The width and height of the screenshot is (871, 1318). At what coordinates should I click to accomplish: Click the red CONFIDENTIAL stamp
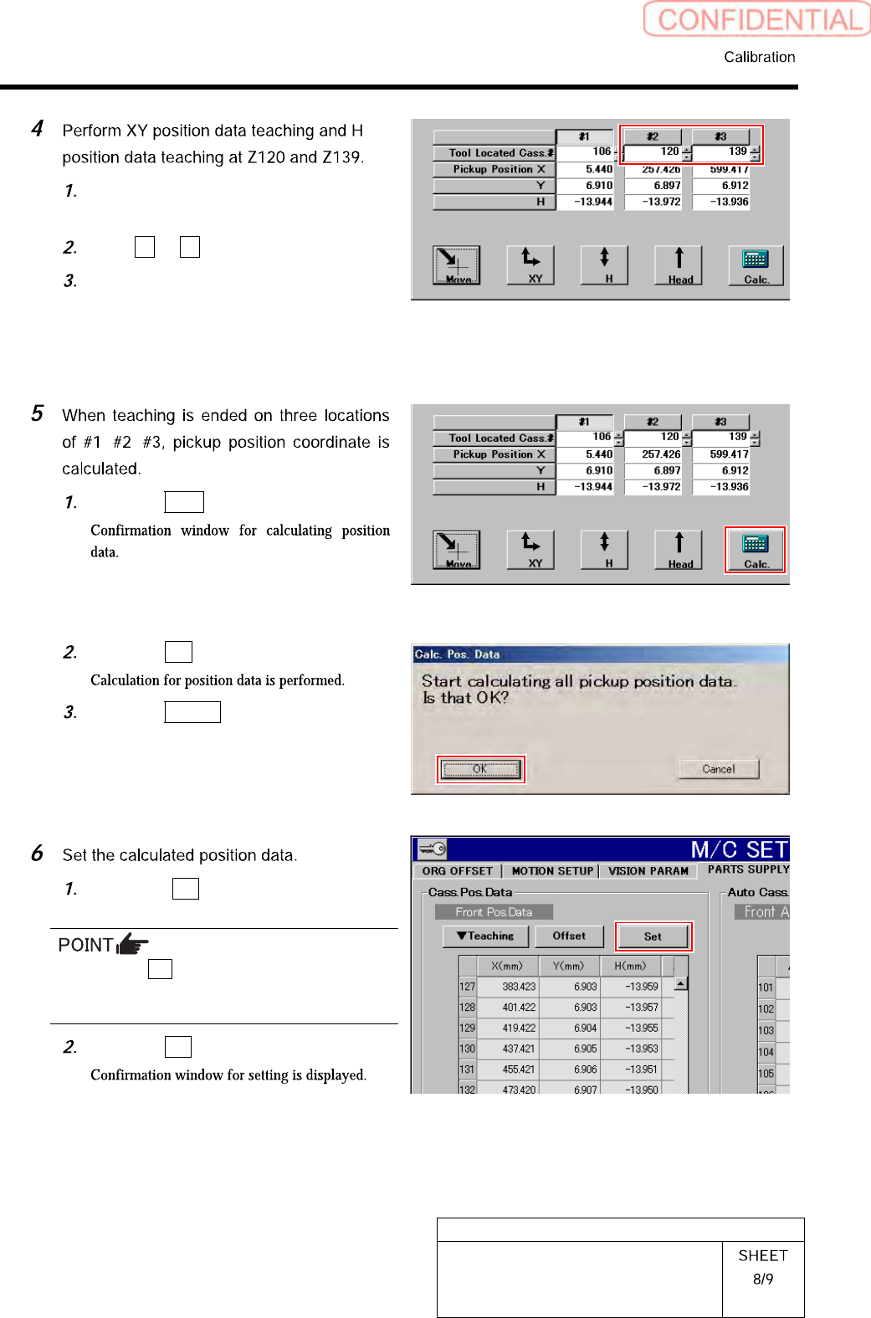pyautogui.click(x=757, y=19)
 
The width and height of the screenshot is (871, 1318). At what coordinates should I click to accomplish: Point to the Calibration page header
pyautogui.click(x=759, y=57)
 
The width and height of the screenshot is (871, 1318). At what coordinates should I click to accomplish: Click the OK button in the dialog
pyautogui.click(x=480, y=769)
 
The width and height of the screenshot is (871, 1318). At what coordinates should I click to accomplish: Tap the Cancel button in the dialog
pyautogui.click(x=719, y=769)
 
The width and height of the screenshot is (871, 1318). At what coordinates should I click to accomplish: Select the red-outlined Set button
pyautogui.click(x=653, y=936)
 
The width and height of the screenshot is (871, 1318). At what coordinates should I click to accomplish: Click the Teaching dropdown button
pyautogui.click(x=485, y=936)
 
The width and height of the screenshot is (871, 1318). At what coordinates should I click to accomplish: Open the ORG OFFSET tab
pyautogui.click(x=457, y=871)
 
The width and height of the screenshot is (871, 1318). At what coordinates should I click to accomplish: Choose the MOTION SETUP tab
pyautogui.click(x=552, y=871)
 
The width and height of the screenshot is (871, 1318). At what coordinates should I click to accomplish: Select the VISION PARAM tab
pyautogui.click(x=648, y=871)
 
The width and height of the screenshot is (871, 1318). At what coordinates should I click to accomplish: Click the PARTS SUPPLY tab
pyautogui.click(x=748, y=869)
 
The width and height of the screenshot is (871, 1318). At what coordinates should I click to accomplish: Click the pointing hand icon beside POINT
pyautogui.click(x=132, y=945)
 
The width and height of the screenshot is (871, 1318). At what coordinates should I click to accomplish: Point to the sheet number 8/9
pyautogui.click(x=763, y=1279)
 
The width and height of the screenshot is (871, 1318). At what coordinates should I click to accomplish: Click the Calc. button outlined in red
pyautogui.click(x=755, y=550)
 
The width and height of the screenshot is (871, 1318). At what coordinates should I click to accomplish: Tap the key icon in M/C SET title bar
pyautogui.click(x=433, y=849)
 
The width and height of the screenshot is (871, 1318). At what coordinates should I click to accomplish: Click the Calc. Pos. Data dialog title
pyautogui.click(x=457, y=654)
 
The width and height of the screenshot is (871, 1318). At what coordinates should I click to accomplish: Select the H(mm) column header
pyautogui.click(x=630, y=966)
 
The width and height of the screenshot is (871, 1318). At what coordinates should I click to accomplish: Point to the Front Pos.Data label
pyautogui.click(x=494, y=912)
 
